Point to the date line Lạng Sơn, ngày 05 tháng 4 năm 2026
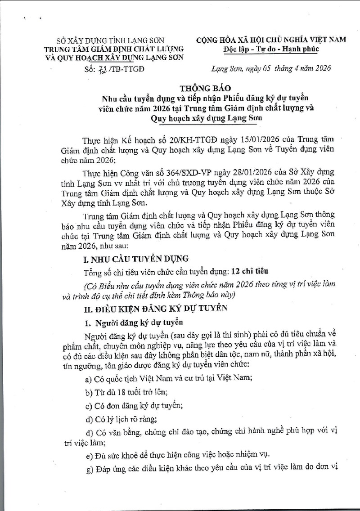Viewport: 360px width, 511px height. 271,68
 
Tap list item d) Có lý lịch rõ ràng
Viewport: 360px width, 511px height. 120,419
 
